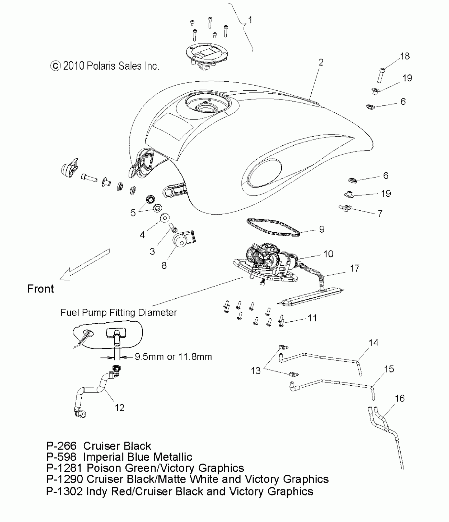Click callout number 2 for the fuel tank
pyautogui.click(x=321, y=62)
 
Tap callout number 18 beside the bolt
pyautogui.click(x=405, y=56)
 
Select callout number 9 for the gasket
pyautogui.click(x=322, y=229)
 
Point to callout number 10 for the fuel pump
pyautogui.click(x=328, y=254)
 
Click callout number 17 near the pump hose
pyautogui.click(x=355, y=269)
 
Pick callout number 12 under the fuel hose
pyautogui.click(x=119, y=408)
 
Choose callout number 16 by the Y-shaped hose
pyautogui.click(x=400, y=398)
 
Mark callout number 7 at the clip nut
pyautogui.click(x=380, y=213)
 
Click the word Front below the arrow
pyautogui.click(x=41, y=289)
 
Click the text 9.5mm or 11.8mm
pyautogui.click(x=173, y=357)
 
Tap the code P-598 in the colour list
pyautogui.click(x=61, y=457)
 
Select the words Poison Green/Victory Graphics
pyautogui.click(x=165, y=468)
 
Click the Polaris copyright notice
pyautogui.click(x=105, y=66)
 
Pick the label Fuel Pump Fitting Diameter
pyautogui.click(x=119, y=312)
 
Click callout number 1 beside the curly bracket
pyautogui.click(x=250, y=20)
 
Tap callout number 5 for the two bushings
pyautogui.click(x=133, y=213)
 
